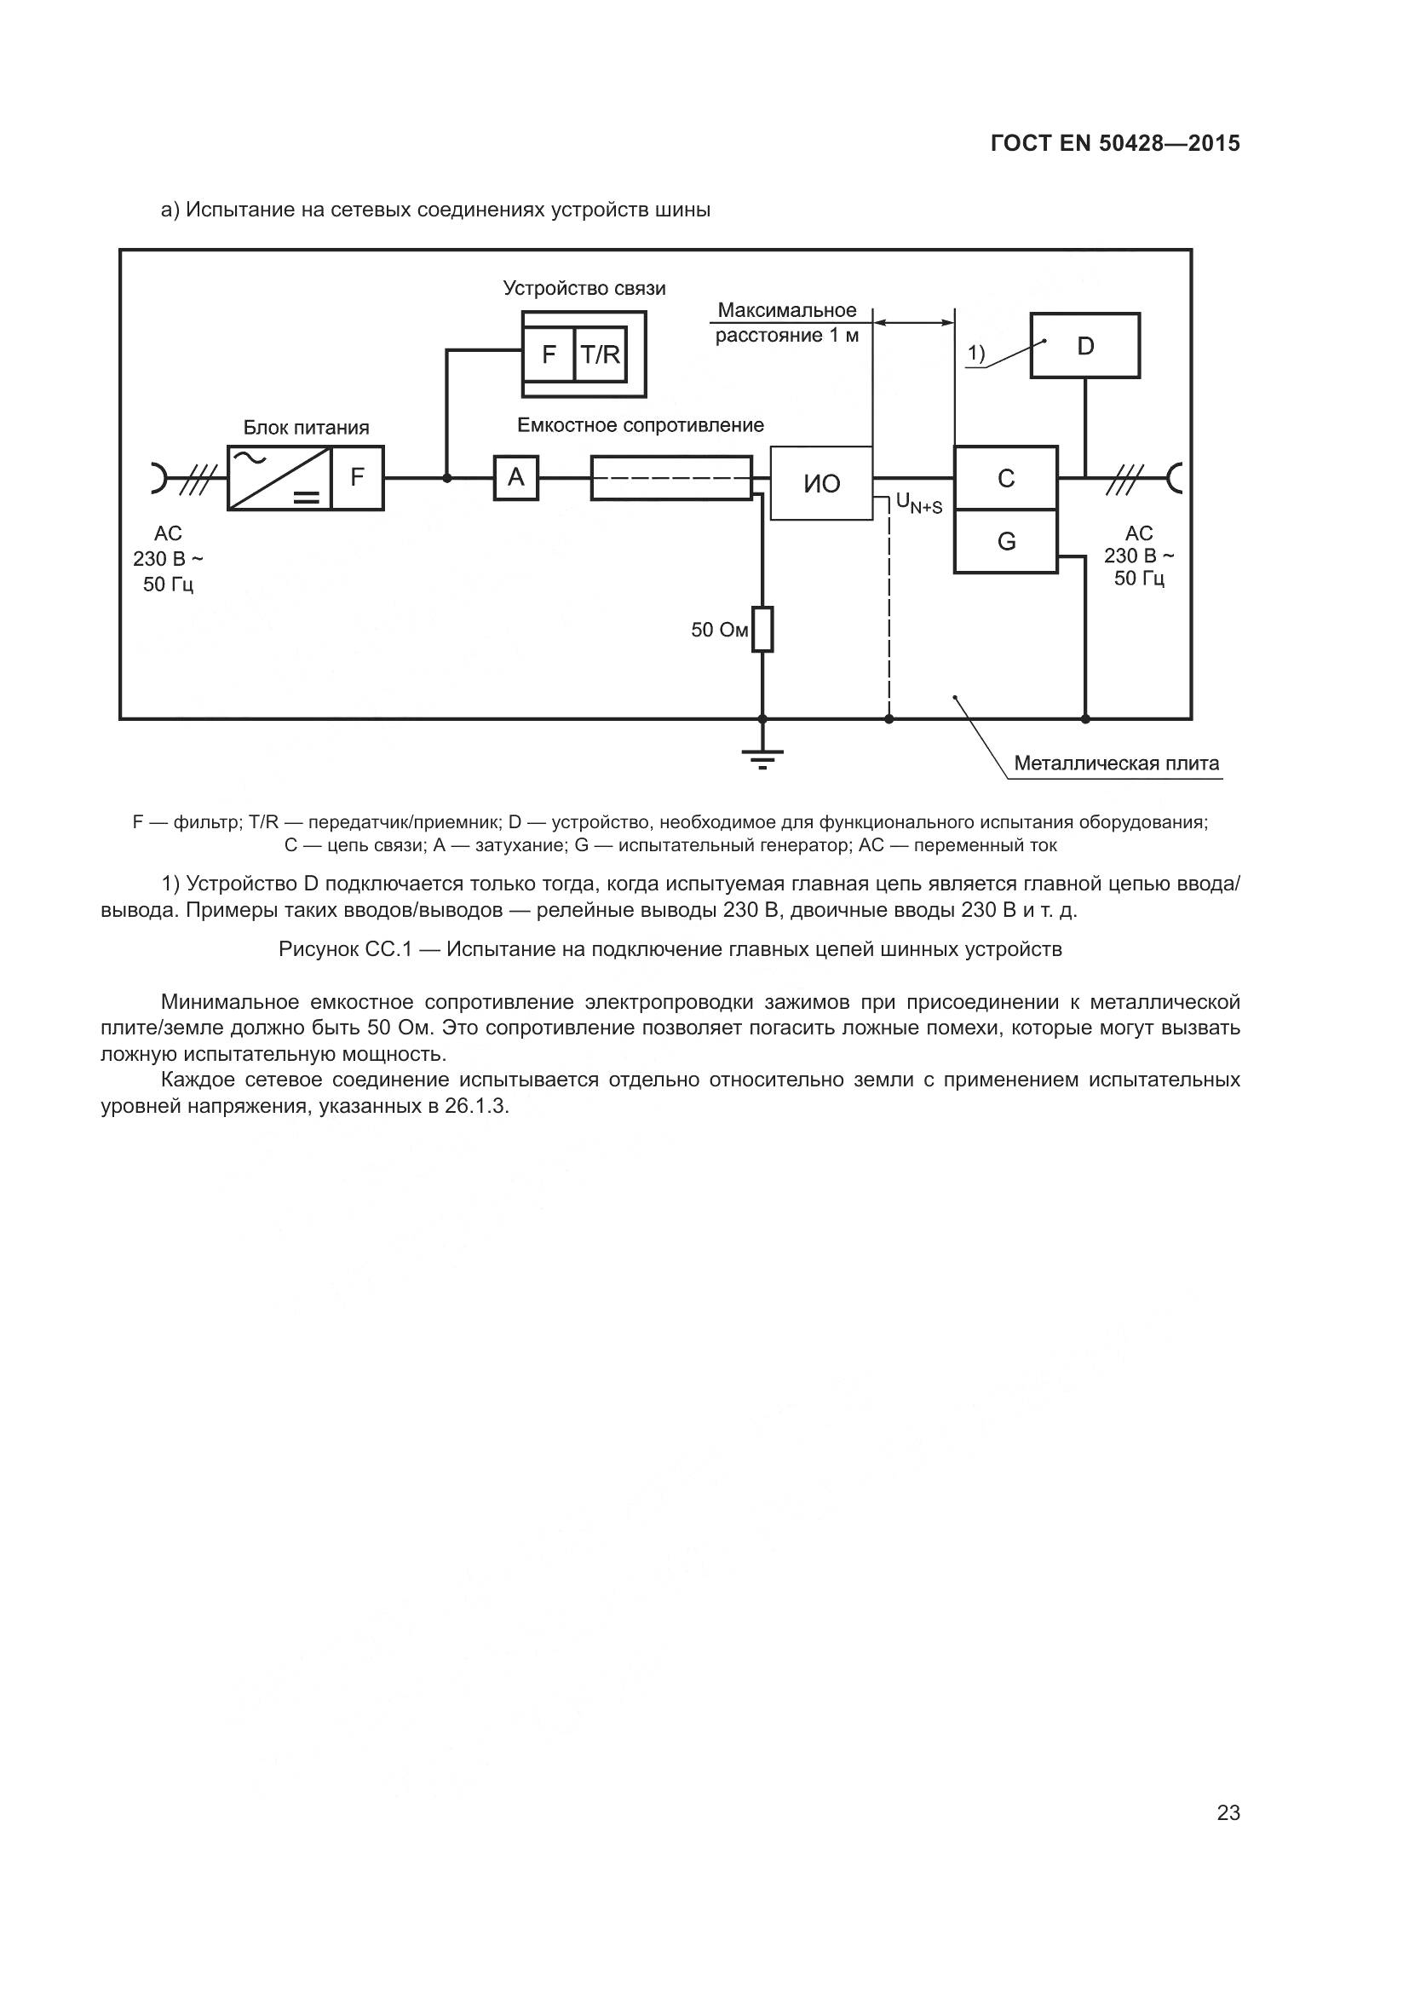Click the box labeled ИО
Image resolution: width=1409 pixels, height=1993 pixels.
820,483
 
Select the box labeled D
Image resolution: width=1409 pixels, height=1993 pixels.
1084,345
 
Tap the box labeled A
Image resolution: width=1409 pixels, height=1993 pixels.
516,477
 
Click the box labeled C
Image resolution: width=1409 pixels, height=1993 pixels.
1005,477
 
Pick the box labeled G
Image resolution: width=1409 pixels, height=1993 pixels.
1005,542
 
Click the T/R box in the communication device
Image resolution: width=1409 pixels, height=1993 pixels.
600,354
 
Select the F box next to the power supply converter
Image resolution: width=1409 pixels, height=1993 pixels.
358,477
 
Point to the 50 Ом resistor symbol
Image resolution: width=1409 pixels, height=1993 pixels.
762,630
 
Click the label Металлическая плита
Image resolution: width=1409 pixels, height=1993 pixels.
1116,763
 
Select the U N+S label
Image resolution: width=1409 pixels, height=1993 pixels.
919,503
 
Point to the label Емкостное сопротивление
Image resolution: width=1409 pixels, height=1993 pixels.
641,425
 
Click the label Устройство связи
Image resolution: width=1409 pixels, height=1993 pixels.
584,289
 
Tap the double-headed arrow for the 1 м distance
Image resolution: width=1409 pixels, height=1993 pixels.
913,323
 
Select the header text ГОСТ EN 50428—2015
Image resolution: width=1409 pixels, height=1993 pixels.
1115,144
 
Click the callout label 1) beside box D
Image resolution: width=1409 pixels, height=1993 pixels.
976,354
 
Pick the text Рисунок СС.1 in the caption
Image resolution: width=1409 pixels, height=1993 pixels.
343,949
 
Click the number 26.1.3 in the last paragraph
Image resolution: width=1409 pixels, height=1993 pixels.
476,1108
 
